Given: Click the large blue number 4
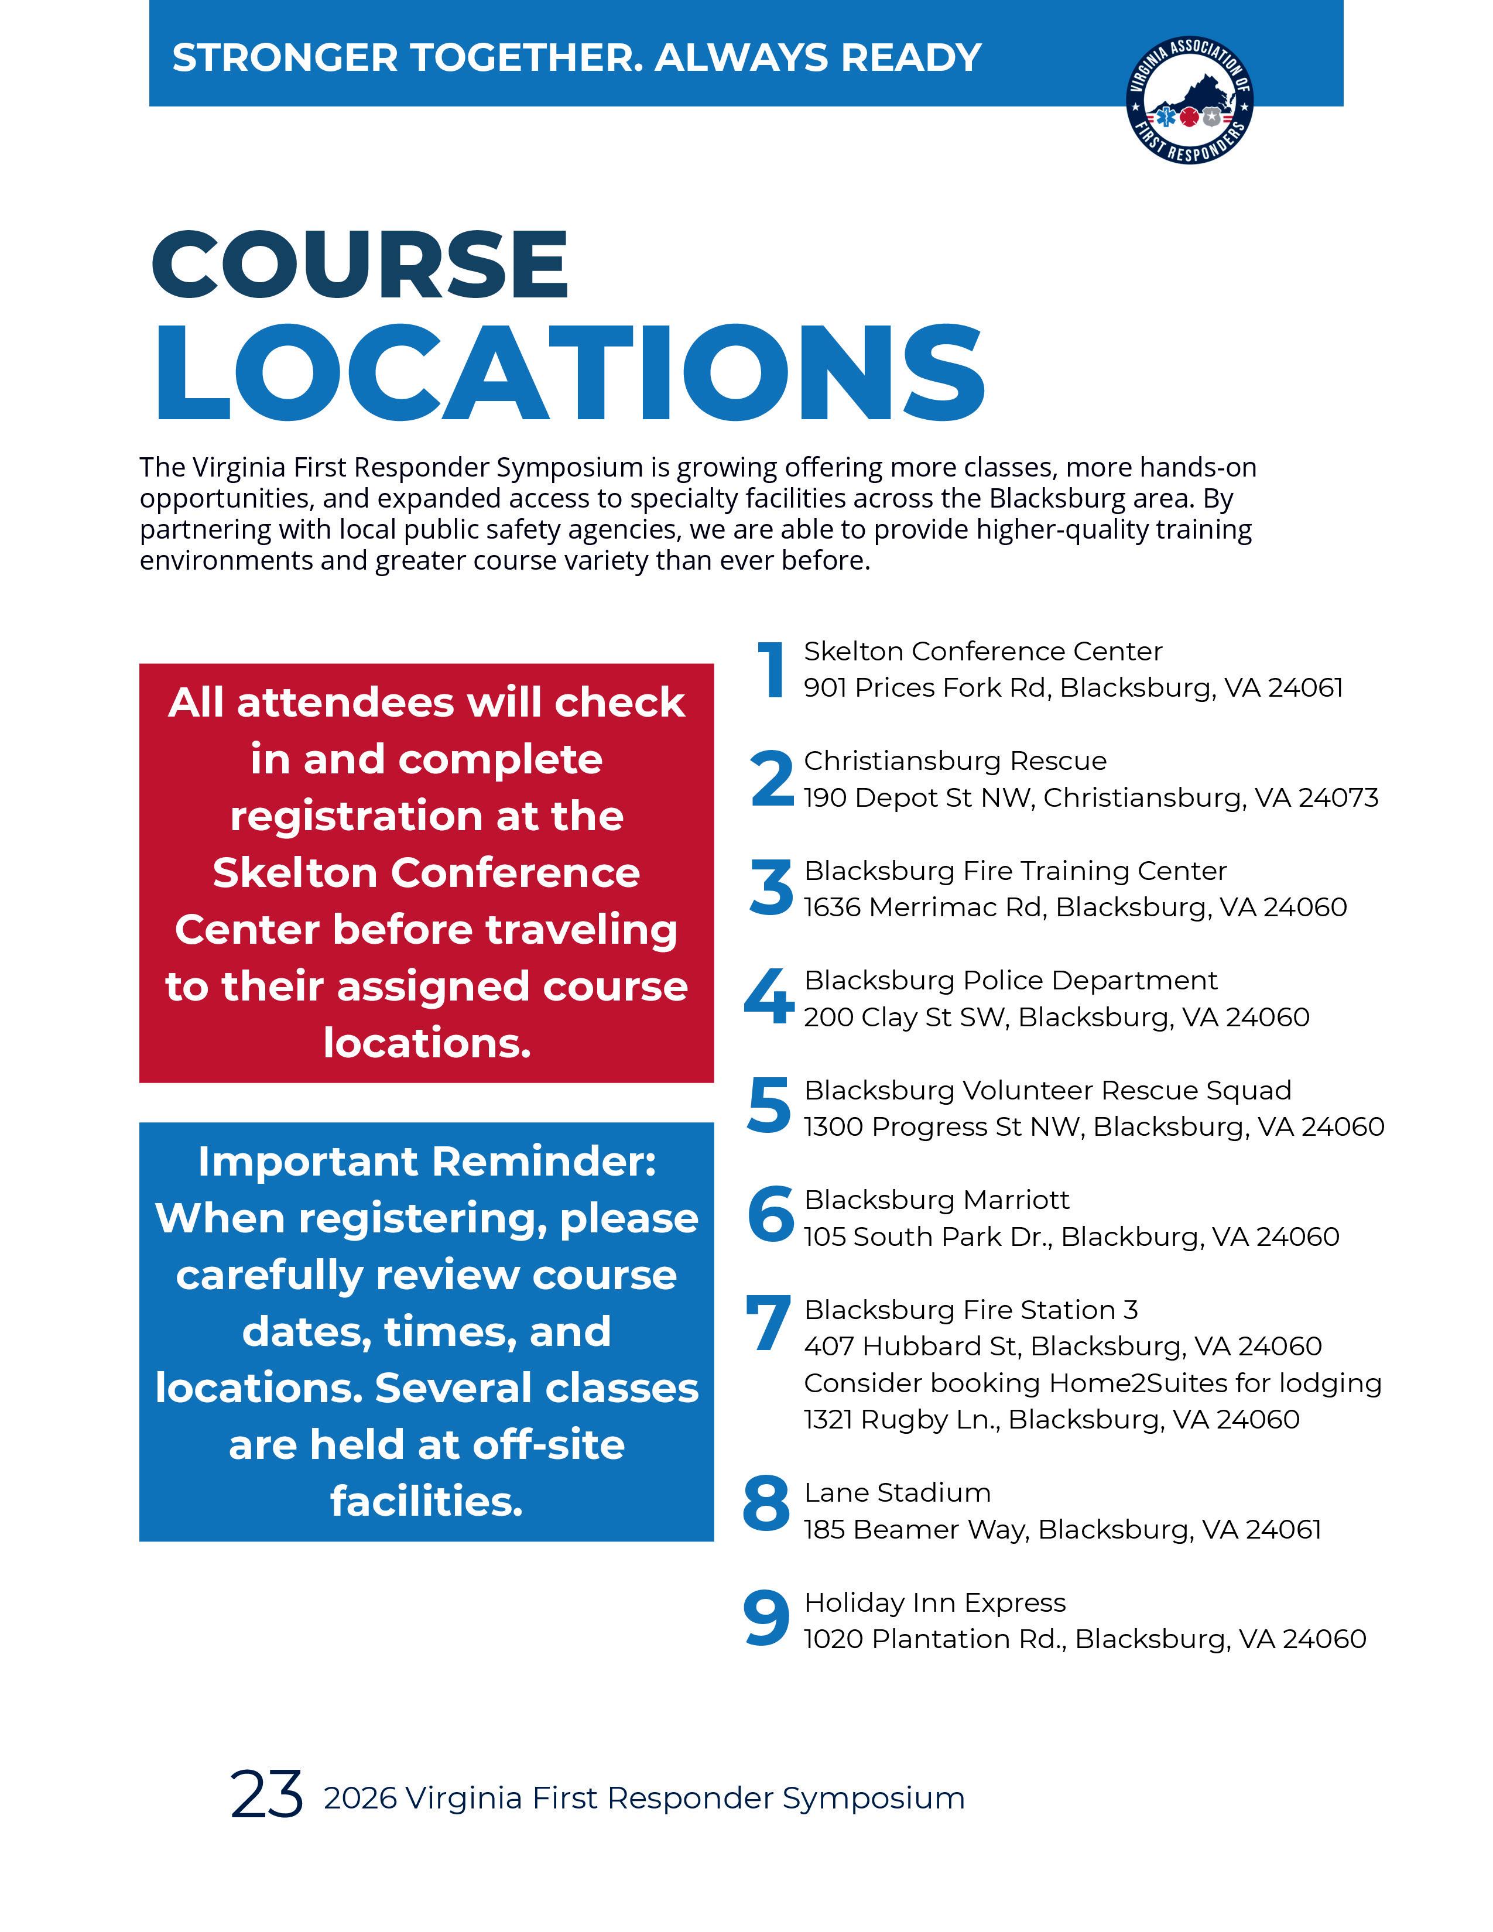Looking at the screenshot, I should pos(769,997).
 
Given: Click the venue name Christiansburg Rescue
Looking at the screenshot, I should pos(954,761).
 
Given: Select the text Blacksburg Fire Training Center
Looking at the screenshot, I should pos(1015,871).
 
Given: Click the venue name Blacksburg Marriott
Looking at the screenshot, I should pos(936,1200).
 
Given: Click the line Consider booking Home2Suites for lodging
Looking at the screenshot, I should pos(1093,1383).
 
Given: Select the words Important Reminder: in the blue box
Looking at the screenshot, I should pos(426,1162).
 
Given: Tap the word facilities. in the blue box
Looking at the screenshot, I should pos(426,1501).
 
